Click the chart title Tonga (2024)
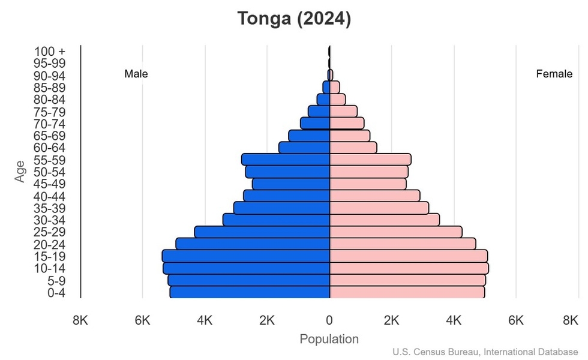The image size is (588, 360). click(293, 19)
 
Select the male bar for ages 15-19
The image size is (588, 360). click(246, 256)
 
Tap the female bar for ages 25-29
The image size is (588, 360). click(396, 232)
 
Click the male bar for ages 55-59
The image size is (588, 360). click(286, 159)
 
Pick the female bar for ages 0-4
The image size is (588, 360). click(407, 292)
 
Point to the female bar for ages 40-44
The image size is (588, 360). click(374, 196)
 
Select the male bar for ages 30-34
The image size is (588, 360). click(276, 220)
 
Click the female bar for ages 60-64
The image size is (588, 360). click(353, 148)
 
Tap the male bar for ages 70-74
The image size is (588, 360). click(315, 123)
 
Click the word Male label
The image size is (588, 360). click(136, 74)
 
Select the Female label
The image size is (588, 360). click(554, 74)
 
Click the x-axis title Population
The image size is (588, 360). click(329, 339)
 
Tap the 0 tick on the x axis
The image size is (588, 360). click(329, 320)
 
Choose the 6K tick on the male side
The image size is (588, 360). click(142, 320)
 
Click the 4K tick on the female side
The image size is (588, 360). click(454, 320)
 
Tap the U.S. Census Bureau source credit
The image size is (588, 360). click(486, 352)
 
